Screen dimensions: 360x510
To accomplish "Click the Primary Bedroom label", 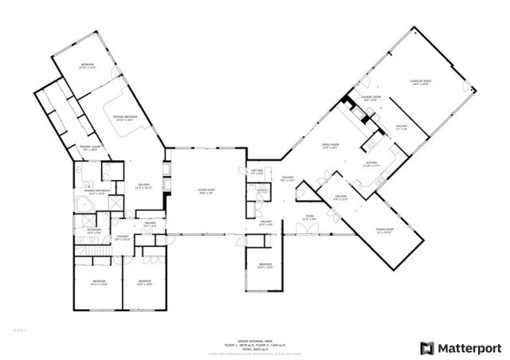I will pyautogui.click(x=125, y=118).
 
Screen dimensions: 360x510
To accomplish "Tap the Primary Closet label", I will pyautogui.click(x=89, y=147).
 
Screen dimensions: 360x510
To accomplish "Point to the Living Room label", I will pyautogui.click(x=208, y=190).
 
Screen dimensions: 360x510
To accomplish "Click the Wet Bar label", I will pyautogui.click(x=257, y=171).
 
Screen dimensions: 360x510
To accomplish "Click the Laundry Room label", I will pyautogui.click(x=371, y=98).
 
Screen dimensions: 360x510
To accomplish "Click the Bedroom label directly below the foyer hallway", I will pyautogui.click(x=265, y=265).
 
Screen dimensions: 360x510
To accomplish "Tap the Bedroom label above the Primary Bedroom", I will pyautogui.click(x=87, y=65).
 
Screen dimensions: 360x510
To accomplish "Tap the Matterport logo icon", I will pyautogui.click(x=427, y=347).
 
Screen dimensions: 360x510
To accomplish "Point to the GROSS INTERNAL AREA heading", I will pyautogui.click(x=255, y=338).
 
